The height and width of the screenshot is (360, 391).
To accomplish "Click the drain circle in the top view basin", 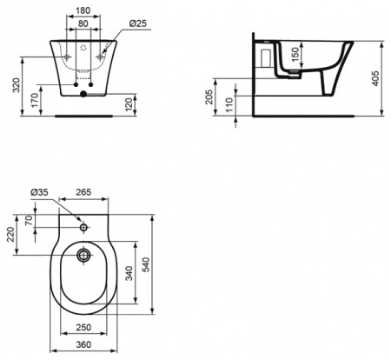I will pos(84,255).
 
